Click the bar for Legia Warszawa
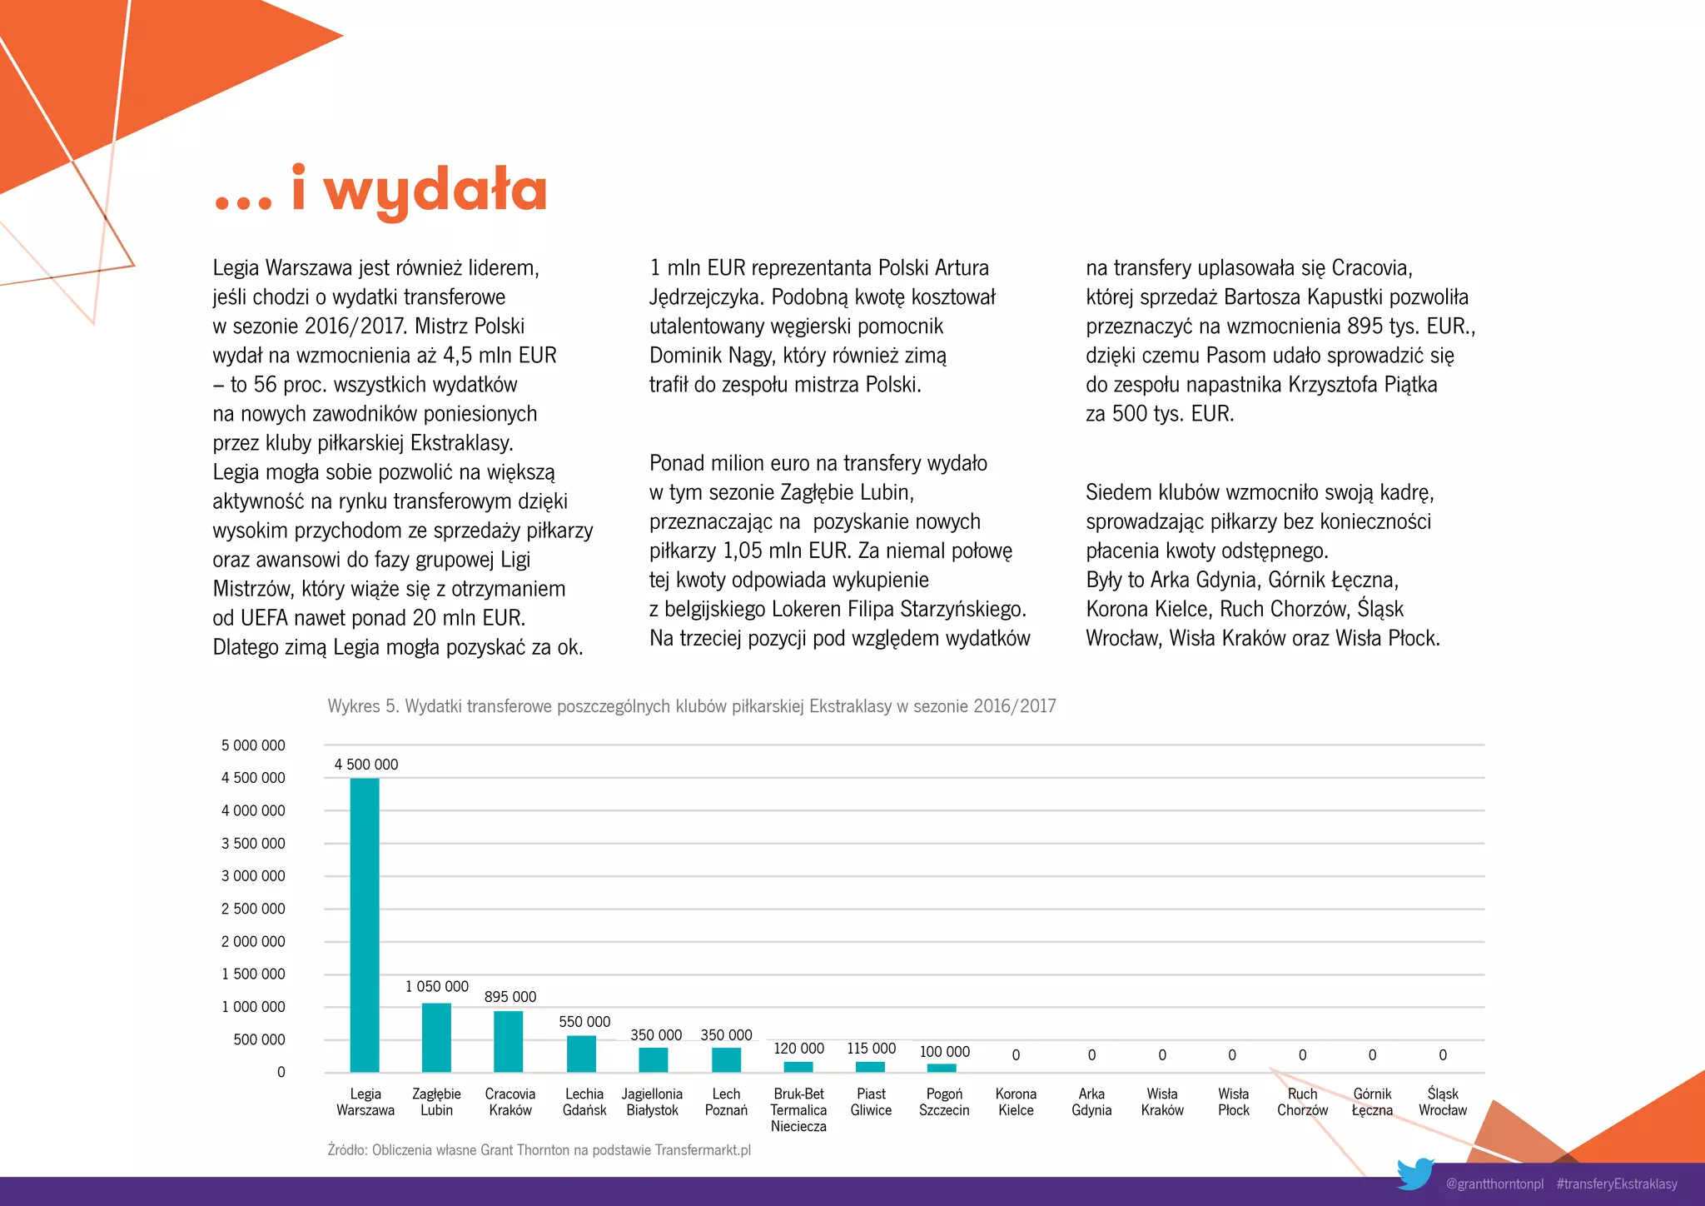pyautogui.click(x=365, y=924)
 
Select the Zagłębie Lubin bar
pyautogui.click(x=436, y=1037)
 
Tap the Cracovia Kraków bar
pyautogui.click(x=508, y=1041)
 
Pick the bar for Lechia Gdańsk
pyautogui.click(x=581, y=1053)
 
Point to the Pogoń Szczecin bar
pyautogui.click(x=942, y=1068)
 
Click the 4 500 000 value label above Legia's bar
pyautogui.click(x=366, y=765)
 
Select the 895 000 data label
pyautogui.click(x=510, y=997)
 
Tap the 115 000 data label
pyautogui.click(x=872, y=1049)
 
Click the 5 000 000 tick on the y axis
pyautogui.click(x=253, y=745)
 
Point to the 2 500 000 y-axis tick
pyautogui.click(x=253, y=909)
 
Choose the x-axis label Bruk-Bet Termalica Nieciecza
pyautogui.click(x=798, y=1110)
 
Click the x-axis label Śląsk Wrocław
pyautogui.click(x=1443, y=1102)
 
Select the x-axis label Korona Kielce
pyautogui.click(x=1016, y=1102)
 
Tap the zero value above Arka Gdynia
pyautogui.click(x=1091, y=1055)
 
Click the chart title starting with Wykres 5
pyautogui.click(x=692, y=706)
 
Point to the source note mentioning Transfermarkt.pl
pyautogui.click(x=539, y=1150)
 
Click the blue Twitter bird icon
pyautogui.click(x=1414, y=1174)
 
